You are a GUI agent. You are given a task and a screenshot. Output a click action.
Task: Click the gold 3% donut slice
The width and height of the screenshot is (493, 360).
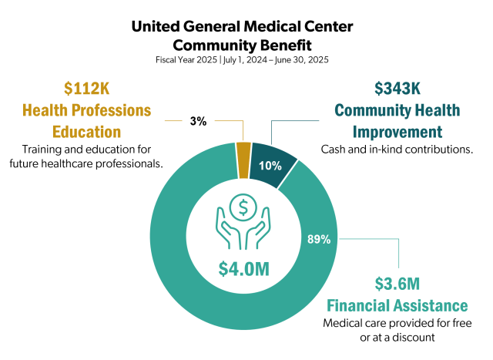click(243, 150)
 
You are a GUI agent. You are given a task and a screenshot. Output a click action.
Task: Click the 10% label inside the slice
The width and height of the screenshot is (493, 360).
click(269, 167)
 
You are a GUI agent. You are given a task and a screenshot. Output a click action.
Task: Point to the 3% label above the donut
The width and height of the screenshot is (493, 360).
click(197, 121)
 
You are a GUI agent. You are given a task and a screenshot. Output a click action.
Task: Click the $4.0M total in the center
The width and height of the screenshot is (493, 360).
click(244, 269)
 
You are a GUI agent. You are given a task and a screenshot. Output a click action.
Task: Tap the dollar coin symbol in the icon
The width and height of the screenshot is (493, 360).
click(244, 207)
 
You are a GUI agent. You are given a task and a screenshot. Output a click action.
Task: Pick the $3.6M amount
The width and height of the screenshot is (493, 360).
click(397, 283)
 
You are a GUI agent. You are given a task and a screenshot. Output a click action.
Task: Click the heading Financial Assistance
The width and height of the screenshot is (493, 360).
click(397, 304)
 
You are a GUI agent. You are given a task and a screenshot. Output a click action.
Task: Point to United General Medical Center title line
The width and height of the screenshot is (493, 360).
click(246, 26)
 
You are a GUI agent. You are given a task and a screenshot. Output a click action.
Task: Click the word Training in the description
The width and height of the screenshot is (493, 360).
click(42, 149)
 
